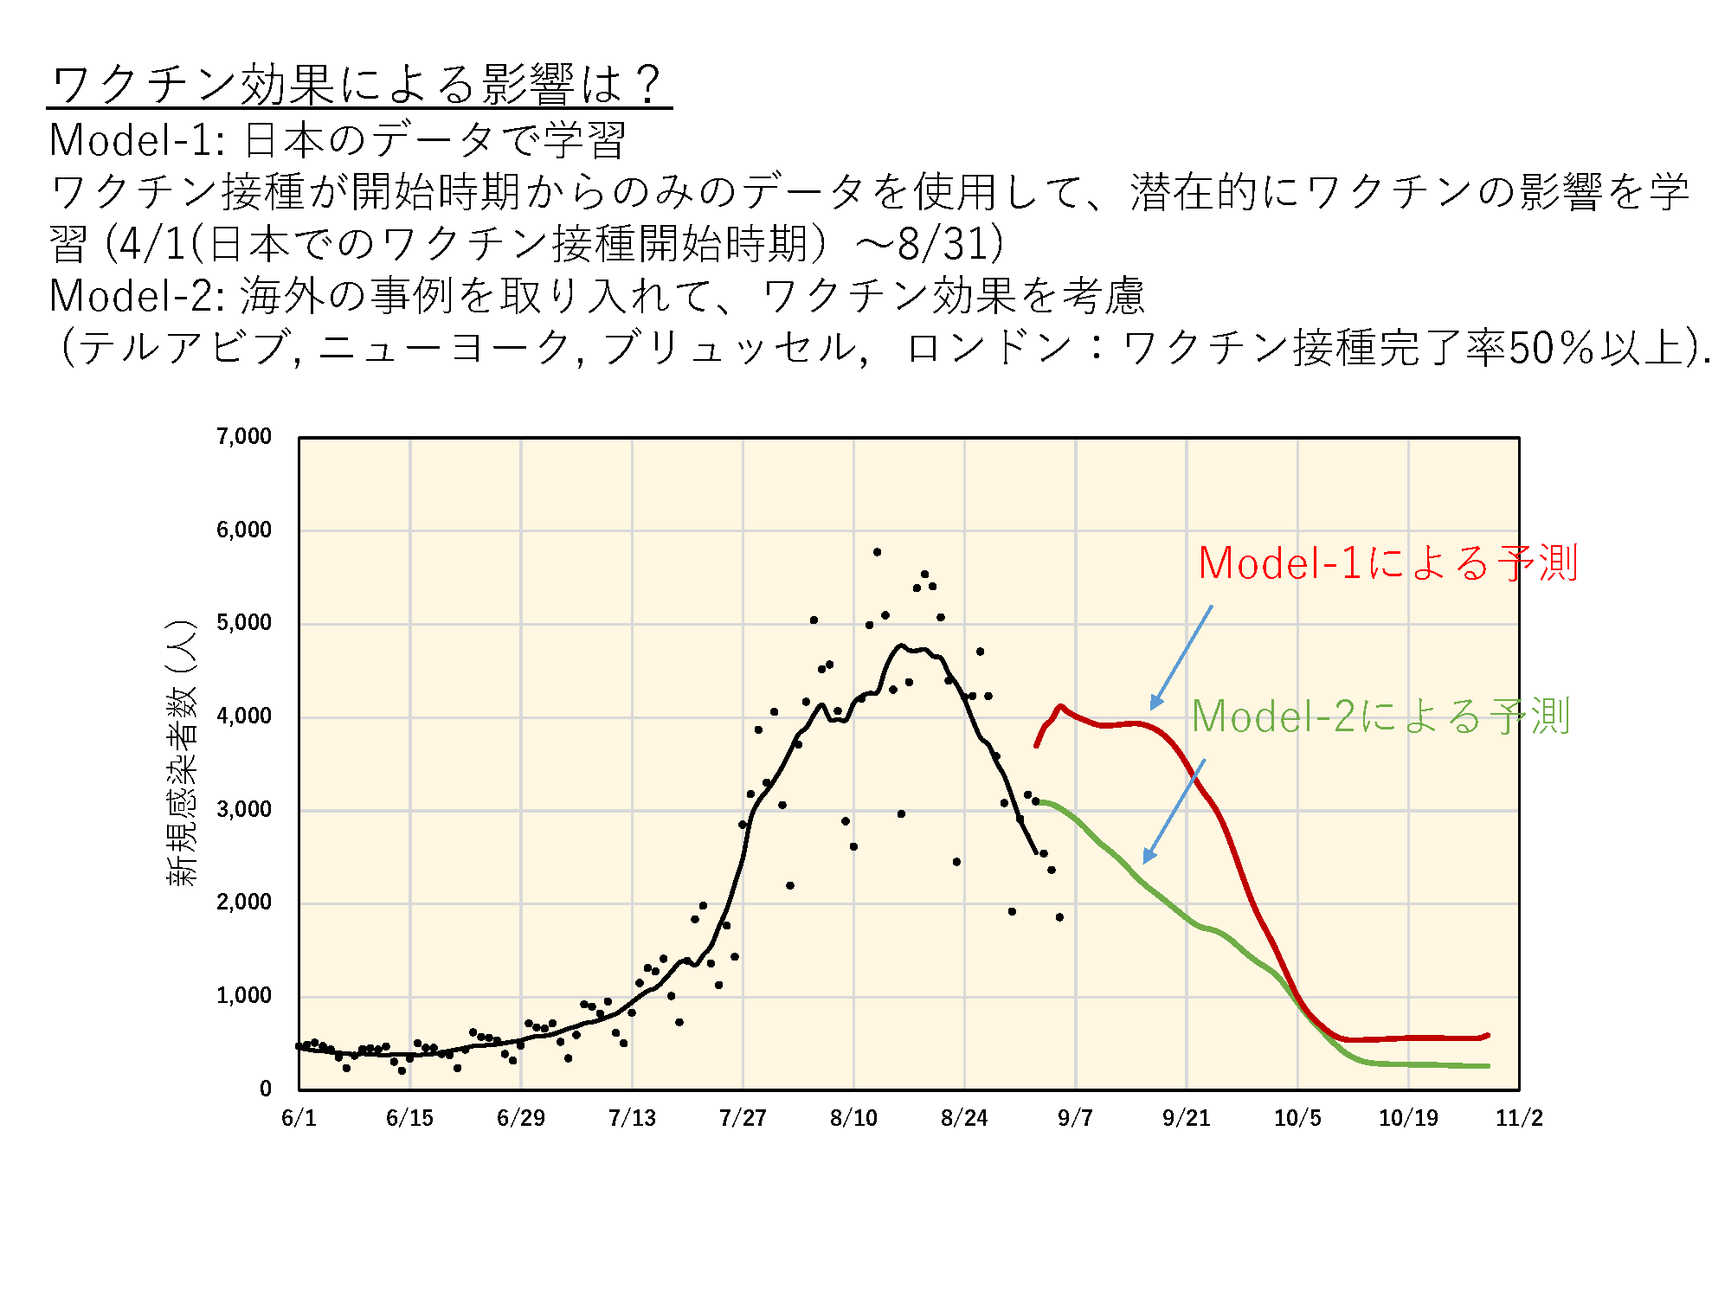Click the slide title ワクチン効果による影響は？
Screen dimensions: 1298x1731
coord(357,85)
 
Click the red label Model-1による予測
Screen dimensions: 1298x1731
coord(1387,563)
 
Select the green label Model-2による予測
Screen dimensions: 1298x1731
coord(1380,716)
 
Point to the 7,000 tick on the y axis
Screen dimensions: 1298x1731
coord(244,436)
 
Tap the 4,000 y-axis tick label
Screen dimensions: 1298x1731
coord(244,716)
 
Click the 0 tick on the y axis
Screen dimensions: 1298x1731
coord(266,1089)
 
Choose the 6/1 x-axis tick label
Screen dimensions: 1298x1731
coord(299,1118)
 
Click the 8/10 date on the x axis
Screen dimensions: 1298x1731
coord(853,1118)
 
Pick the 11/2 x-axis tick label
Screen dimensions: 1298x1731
coord(1519,1118)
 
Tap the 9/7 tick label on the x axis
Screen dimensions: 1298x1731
coord(1075,1118)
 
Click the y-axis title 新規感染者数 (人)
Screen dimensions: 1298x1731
coord(182,753)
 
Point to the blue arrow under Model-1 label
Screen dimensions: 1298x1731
coord(1181,658)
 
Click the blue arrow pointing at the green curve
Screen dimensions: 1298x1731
coord(1174,812)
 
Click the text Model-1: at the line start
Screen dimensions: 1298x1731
coord(138,140)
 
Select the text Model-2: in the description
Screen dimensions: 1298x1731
coord(138,296)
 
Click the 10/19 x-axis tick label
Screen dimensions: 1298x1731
coord(1408,1118)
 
